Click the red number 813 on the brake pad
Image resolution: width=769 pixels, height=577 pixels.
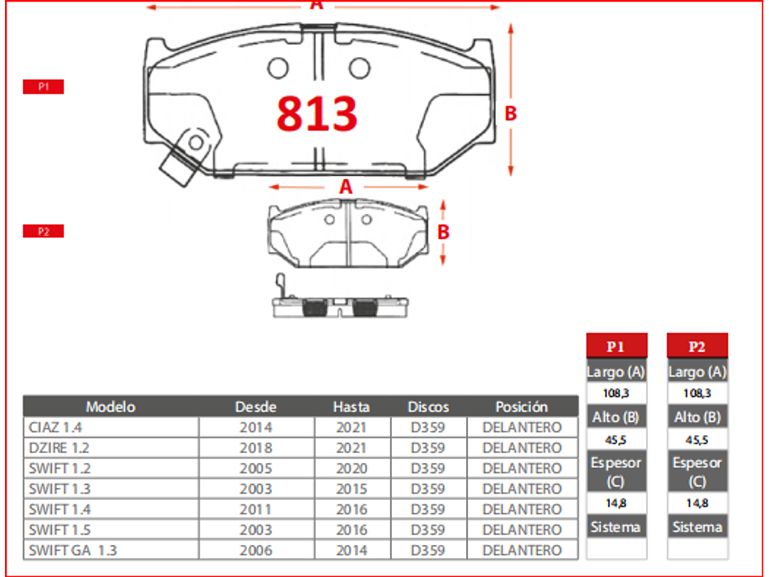coord(316,113)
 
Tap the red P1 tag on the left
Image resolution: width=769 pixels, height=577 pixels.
coord(43,87)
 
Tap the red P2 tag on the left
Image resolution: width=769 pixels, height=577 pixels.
coord(43,231)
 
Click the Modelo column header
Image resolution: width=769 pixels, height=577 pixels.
coord(110,407)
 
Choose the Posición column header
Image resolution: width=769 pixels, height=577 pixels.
coord(522,407)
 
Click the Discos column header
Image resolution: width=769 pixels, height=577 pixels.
coord(428,407)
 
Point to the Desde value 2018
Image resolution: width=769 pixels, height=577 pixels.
coord(256,448)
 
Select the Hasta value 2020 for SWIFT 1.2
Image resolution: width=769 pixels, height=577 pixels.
coord(351,469)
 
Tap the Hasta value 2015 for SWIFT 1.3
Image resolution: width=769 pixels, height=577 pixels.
coord(351,489)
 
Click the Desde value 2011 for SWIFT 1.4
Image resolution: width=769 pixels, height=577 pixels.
coord(256,509)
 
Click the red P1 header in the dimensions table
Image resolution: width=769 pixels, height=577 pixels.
coord(616,347)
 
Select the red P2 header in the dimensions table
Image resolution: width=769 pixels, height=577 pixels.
coord(697,347)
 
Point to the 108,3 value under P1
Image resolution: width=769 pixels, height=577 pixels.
coord(616,393)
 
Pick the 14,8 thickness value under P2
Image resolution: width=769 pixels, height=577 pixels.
coord(697,503)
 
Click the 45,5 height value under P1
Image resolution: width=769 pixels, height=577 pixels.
coord(616,440)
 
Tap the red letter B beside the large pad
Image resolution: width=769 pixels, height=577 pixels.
coord(510,113)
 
